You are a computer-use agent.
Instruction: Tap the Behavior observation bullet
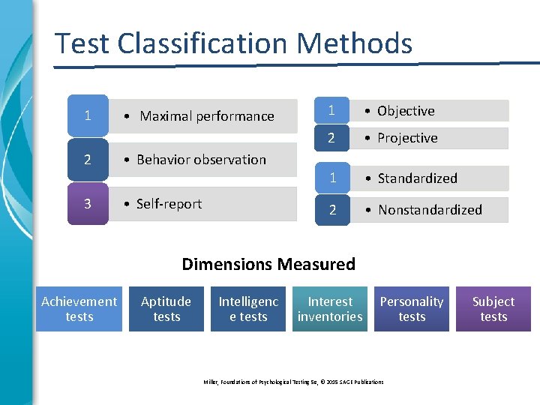(x=200, y=160)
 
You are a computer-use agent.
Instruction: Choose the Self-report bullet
(x=169, y=204)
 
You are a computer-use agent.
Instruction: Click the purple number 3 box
(x=88, y=204)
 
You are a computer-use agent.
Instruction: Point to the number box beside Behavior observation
(x=88, y=160)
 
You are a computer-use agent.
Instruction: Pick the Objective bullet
(x=406, y=111)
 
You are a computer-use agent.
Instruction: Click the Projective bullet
(x=407, y=138)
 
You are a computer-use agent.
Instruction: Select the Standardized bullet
(x=417, y=178)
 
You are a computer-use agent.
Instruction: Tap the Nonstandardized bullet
(x=430, y=210)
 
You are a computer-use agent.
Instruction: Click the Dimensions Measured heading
(x=268, y=264)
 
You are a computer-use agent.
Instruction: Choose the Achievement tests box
(x=79, y=309)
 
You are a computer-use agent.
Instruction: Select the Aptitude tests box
(x=166, y=309)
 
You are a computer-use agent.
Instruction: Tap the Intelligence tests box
(x=248, y=309)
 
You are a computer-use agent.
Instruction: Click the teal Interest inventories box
(x=330, y=309)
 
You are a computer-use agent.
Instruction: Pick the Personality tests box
(x=412, y=309)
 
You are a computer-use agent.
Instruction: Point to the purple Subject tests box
(x=493, y=309)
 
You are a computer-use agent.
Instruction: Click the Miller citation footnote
(x=293, y=382)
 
